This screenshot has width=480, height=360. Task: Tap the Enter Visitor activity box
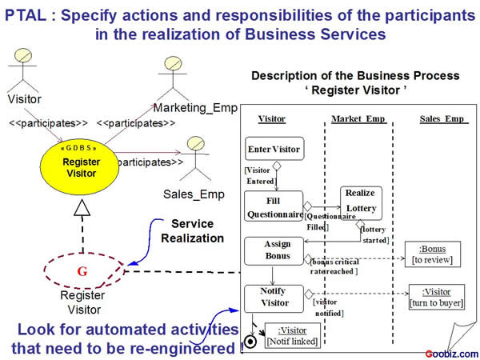coord(274,149)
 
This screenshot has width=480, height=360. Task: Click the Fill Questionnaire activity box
coord(274,206)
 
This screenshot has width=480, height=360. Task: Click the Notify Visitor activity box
coord(274,297)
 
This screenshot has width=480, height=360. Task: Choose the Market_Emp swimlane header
coord(358,119)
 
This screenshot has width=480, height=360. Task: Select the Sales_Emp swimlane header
coord(442,119)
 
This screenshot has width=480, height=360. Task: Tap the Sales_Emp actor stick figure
coord(194,154)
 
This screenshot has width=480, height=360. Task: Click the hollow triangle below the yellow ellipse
coord(81,210)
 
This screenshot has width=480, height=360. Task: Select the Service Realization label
coord(191,230)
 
